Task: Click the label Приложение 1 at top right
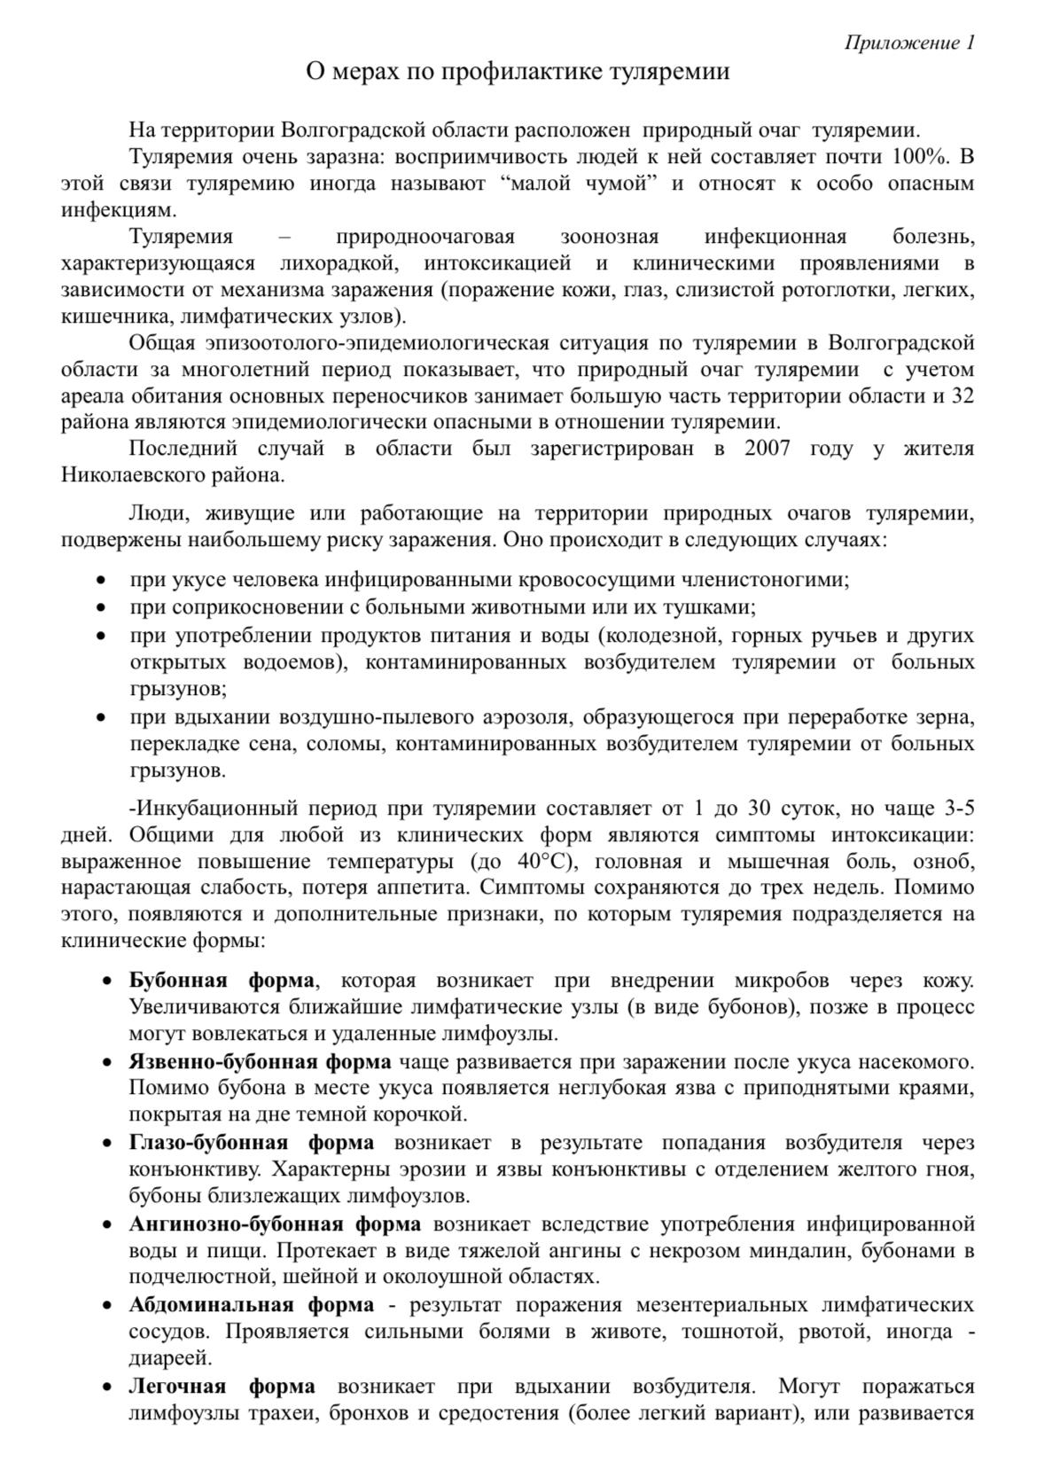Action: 909,43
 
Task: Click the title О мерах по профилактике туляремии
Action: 518,72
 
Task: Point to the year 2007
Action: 768,449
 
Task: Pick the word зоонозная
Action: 610,238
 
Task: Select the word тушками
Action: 718,608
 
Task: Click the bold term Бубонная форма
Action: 222,981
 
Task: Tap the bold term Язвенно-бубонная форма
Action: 261,1062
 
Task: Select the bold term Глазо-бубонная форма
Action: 252,1143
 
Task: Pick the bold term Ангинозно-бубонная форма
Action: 275,1224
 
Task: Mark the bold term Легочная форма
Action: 222,1387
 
